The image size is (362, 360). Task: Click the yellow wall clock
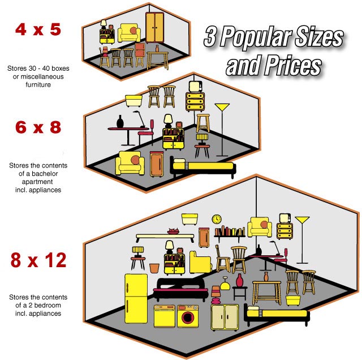217,219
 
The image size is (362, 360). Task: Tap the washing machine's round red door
187,317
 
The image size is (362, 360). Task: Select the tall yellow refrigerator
136,298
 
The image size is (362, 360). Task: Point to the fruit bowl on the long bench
174,231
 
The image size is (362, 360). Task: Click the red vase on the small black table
240,280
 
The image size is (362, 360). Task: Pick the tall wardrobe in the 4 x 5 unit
154,28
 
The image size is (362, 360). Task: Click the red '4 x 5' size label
38,29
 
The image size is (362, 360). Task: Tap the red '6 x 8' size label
38,127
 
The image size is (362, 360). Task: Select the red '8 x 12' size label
38,260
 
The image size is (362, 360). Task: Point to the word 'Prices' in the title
293,66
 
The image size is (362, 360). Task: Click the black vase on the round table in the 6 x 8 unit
120,122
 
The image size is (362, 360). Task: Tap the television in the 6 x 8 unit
195,87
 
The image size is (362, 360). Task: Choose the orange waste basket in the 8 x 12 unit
154,268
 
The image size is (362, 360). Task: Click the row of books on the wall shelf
230,231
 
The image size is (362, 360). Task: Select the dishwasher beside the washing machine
165,316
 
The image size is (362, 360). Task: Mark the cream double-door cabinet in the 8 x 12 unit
225,317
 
